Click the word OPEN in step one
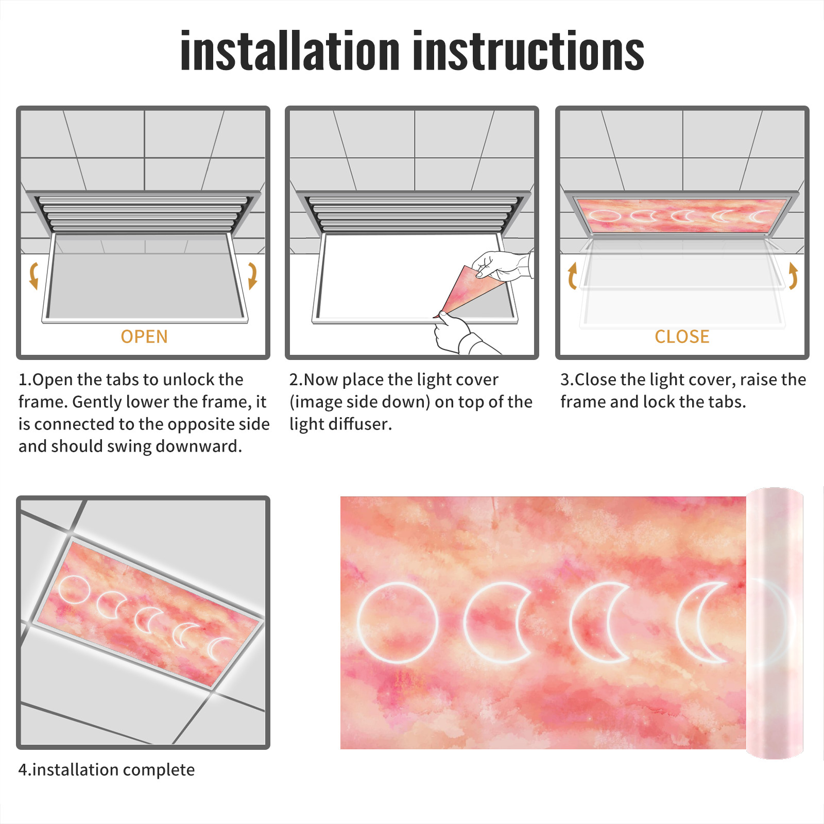(144, 337)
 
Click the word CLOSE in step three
(682, 337)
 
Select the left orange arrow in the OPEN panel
(33, 276)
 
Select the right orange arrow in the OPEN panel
(252, 276)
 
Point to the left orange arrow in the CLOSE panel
(572, 276)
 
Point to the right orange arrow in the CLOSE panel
(794, 276)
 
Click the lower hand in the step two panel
(458, 334)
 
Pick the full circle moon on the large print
(398, 623)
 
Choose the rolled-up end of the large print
(775, 623)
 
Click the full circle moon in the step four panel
(73, 590)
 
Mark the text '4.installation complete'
(107, 769)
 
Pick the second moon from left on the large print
(497, 623)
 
